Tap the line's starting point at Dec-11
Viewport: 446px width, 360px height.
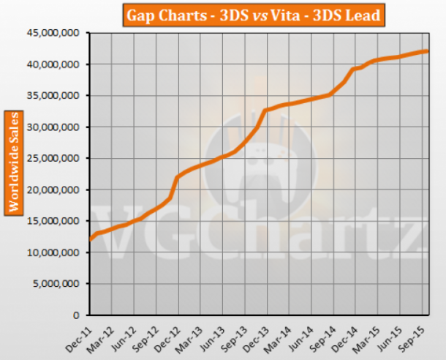click(90, 239)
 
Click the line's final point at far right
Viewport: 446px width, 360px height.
click(428, 51)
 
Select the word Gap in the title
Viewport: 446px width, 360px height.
click(143, 15)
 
